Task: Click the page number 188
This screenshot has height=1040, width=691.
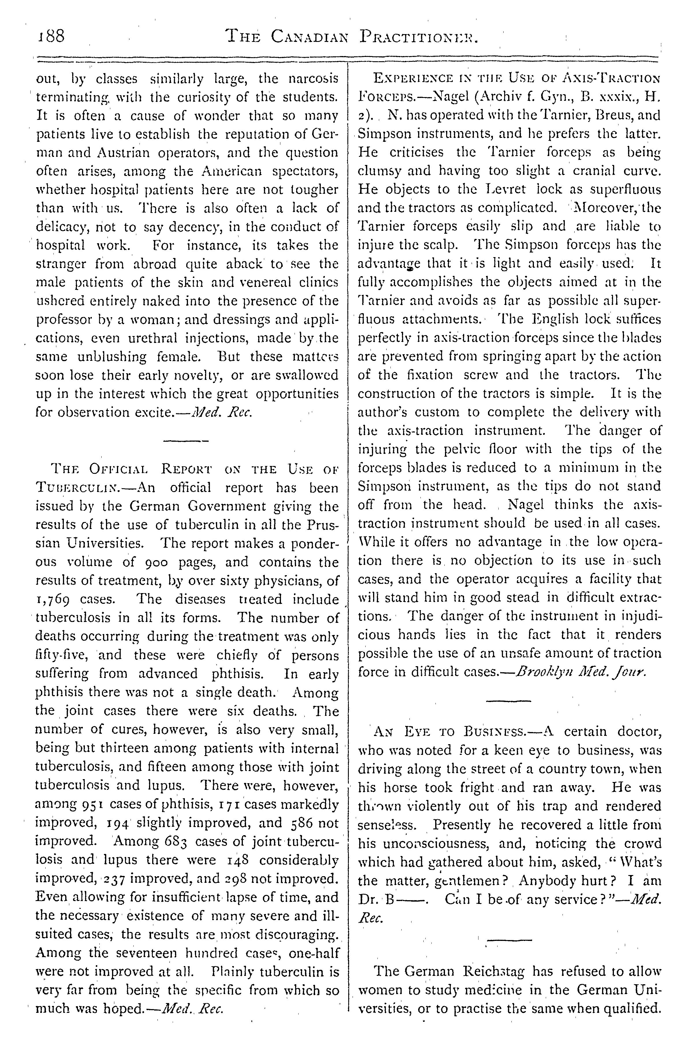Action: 51,36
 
